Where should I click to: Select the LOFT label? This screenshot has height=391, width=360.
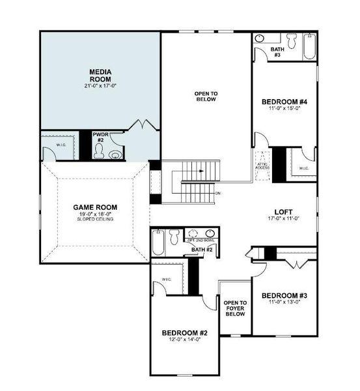tap(284, 212)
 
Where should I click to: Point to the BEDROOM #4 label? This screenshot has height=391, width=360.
tap(283, 102)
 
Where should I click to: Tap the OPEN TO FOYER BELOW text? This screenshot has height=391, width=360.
tap(234, 308)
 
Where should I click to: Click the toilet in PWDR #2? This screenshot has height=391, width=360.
tap(99, 151)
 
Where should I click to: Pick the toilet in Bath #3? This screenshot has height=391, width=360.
tap(259, 38)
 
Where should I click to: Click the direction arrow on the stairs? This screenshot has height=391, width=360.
tap(202, 172)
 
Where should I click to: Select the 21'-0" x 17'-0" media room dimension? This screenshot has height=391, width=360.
tap(101, 85)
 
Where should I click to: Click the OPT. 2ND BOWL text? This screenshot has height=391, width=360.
tap(201, 240)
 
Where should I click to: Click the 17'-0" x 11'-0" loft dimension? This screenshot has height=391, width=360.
tap(284, 219)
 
